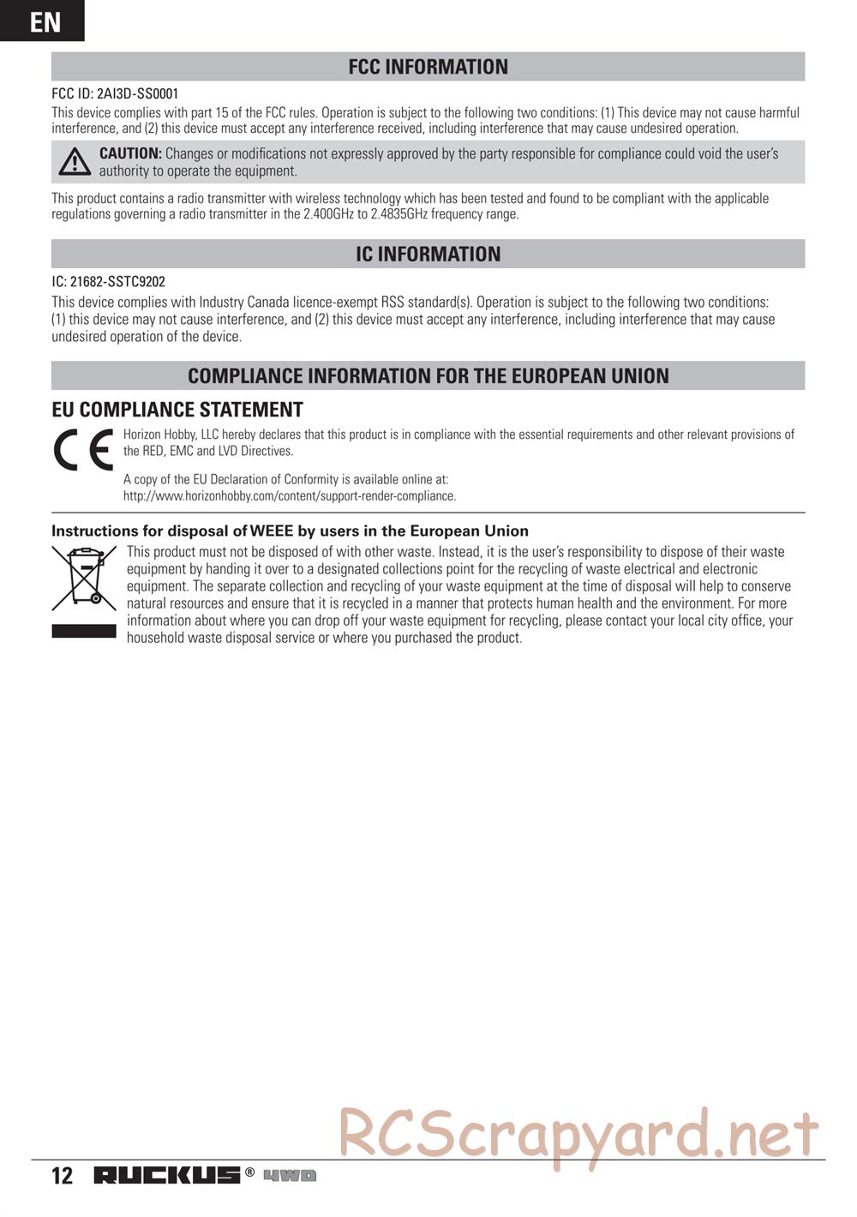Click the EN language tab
tap(43, 21)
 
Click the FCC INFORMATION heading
tap(428, 67)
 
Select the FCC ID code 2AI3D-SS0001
tap(137, 93)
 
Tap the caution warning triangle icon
tap(75, 162)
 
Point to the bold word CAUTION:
tap(130, 153)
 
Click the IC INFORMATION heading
tap(428, 255)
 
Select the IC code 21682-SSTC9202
tap(117, 281)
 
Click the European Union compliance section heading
tap(428, 375)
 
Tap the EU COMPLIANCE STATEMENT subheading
tap(177, 410)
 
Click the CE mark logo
tap(83, 450)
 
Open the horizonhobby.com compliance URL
tap(290, 496)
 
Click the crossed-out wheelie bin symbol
tap(83, 579)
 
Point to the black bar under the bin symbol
tap(83, 631)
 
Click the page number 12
tap(63, 1175)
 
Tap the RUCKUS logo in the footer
tap(167, 1175)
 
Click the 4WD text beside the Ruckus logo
tap(290, 1175)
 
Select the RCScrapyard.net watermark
tap(578, 1137)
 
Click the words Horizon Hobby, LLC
tap(171, 435)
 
